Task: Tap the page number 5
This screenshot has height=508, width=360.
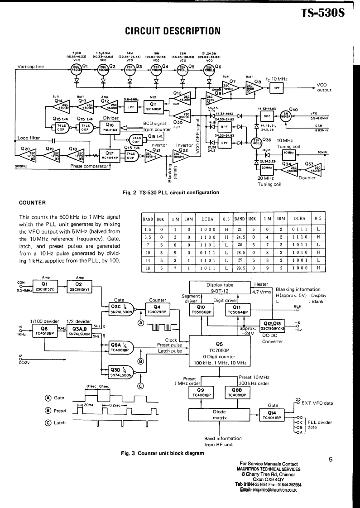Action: [331, 460]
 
